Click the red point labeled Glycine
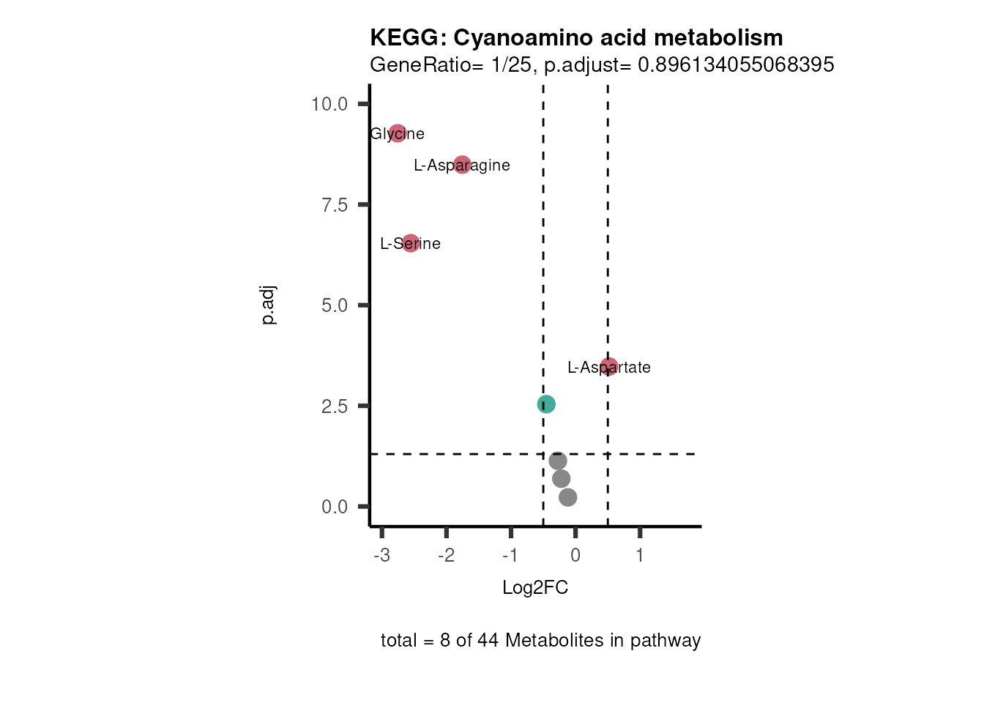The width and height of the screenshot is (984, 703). (397, 133)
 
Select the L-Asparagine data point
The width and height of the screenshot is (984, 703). (462, 165)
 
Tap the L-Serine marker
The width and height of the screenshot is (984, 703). (410, 243)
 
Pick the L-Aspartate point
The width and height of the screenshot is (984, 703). (609, 366)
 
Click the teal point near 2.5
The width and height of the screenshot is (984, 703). (546, 404)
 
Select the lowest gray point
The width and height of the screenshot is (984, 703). (568, 497)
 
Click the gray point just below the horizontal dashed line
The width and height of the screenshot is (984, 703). (558, 461)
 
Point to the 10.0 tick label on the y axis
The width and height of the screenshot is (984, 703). (329, 104)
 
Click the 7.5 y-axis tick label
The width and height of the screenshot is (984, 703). (335, 205)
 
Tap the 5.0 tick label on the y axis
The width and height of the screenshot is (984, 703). (335, 305)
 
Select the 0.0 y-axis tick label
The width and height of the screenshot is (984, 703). (335, 507)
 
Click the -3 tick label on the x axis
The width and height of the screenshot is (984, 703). (381, 555)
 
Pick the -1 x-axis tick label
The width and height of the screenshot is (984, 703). (510, 555)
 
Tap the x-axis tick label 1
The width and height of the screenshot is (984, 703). (640, 555)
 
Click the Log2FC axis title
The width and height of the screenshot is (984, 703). (535, 587)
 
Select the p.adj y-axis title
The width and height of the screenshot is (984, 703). (269, 305)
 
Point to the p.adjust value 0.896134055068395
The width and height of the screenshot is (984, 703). (736, 65)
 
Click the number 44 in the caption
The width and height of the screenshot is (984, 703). (488, 641)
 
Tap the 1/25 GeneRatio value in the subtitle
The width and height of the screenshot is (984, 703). (511, 65)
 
